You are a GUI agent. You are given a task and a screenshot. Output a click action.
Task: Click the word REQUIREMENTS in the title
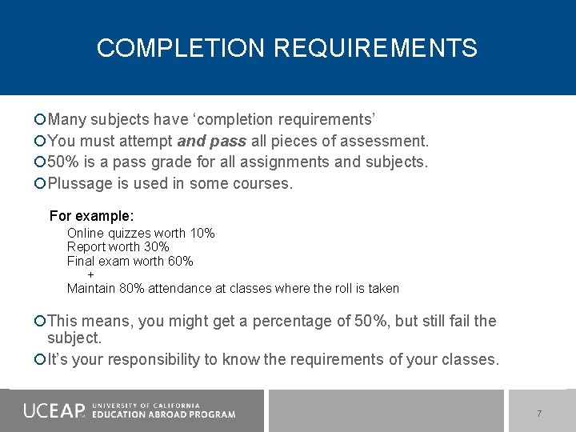(x=375, y=48)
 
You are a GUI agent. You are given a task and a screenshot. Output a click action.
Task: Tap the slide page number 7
(x=539, y=414)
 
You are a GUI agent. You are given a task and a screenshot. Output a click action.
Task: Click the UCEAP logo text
(x=53, y=410)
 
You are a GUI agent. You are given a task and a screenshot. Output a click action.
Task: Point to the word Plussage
(x=82, y=183)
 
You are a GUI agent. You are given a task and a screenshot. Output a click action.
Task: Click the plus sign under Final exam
(x=90, y=274)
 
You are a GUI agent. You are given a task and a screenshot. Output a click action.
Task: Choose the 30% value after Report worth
(x=156, y=246)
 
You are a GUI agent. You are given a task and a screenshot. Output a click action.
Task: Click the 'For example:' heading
(x=91, y=216)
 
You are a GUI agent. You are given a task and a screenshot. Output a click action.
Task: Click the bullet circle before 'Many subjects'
(x=40, y=120)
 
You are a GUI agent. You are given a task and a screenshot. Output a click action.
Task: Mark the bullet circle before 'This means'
(x=40, y=322)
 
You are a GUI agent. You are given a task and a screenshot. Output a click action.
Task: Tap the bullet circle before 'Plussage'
(x=40, y=184)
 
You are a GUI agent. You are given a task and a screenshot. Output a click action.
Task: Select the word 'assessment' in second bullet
(x=383, y=141)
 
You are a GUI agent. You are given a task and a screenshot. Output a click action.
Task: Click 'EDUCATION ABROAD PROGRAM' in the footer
(x=163, y=414)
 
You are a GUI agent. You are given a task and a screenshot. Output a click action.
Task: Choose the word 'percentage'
(x=298, y=322)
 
